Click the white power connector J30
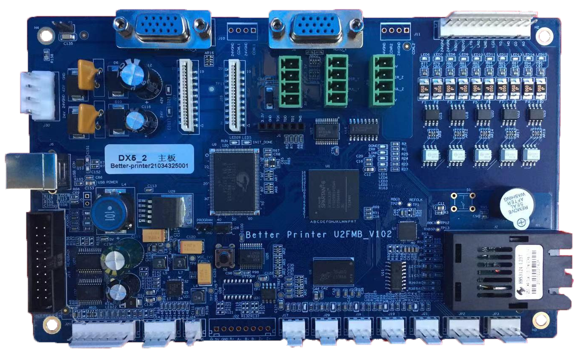[39, 95]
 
